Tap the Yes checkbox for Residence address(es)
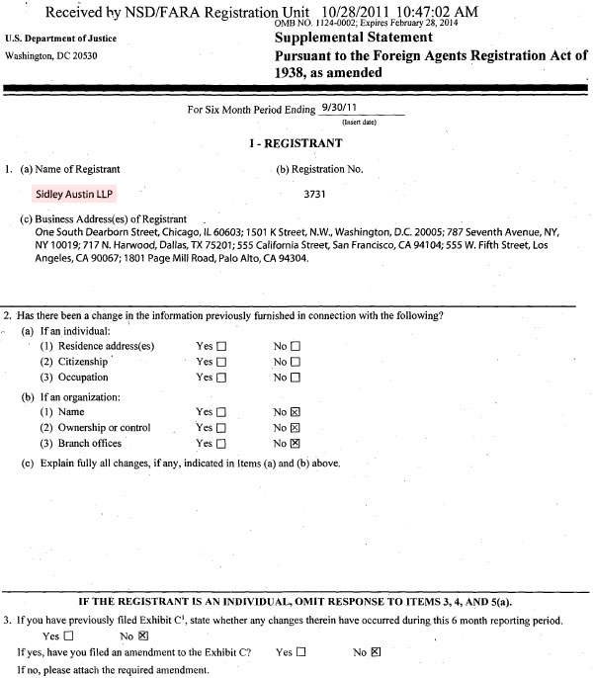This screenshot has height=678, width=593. [221, 346]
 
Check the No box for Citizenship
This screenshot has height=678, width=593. [295, 362]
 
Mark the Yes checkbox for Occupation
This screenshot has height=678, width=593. [221, 378]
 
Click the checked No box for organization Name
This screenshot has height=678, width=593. [295, 412]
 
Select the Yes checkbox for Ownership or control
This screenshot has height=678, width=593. [221, 428]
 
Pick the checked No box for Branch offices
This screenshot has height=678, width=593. [295, 445]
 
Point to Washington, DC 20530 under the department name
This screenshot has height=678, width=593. [51, 55]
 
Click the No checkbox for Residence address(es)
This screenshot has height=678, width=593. [295, 346]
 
